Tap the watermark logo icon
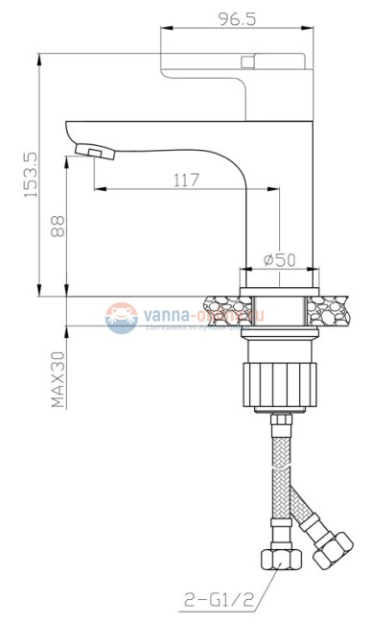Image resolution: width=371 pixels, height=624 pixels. coord(122,318)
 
